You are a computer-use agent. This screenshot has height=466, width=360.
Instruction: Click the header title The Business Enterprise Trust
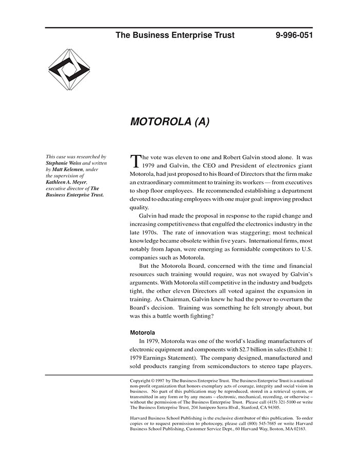click(x=175, y=35)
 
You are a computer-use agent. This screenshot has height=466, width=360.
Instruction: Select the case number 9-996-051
click(x=294, y=35)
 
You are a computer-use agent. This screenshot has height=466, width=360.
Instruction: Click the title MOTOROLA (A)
click(x=170, y=122)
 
